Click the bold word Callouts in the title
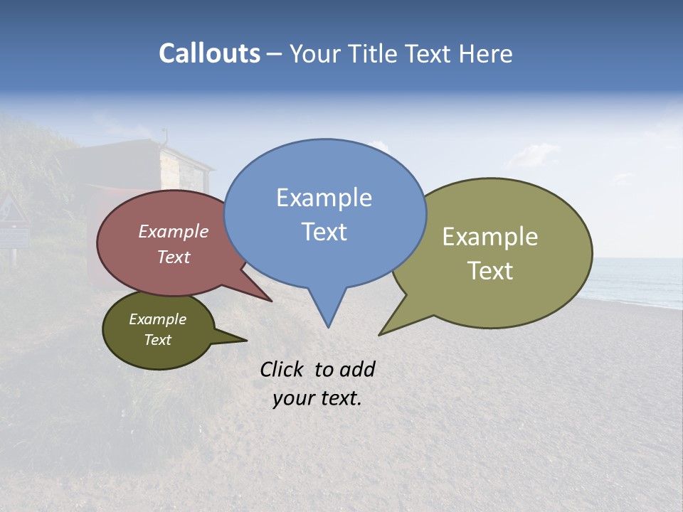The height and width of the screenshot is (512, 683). (x=209, y=53)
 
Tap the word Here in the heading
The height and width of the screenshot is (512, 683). (x=486, y=54)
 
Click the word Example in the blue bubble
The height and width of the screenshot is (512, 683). (x=324, y=198)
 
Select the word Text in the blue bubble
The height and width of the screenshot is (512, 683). (x=324, y=232)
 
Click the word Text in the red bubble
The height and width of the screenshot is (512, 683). (x=174, y=257)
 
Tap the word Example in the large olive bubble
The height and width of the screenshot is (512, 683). (x=490, y=237)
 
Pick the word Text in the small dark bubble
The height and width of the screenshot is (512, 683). (x=157, y=340)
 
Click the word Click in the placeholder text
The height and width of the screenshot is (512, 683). (x=282, y=369)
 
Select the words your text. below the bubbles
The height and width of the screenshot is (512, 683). (x=317, y=398)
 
